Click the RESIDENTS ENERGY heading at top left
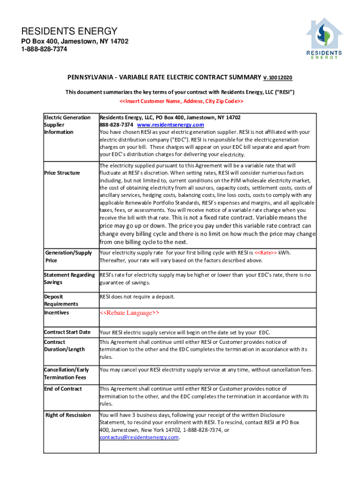tap(69, 31)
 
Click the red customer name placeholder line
tap(181, 102)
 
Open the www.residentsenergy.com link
tap(170, 125)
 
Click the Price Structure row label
tap(62, 173)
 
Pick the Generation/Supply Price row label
tap(68, 256)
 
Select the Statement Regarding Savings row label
tap(69, 278)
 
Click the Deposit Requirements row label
tap(61, 300)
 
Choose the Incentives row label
tap(56, 312)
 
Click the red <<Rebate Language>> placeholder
tap(130, 313)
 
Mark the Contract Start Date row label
tap(67, 332)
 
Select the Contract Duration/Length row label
tap(64, 346)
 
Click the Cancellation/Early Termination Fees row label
tap(66, 373)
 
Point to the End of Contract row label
tap(63, 389)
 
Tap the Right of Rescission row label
tap(68, 415)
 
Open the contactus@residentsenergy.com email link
tap(139, 437)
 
